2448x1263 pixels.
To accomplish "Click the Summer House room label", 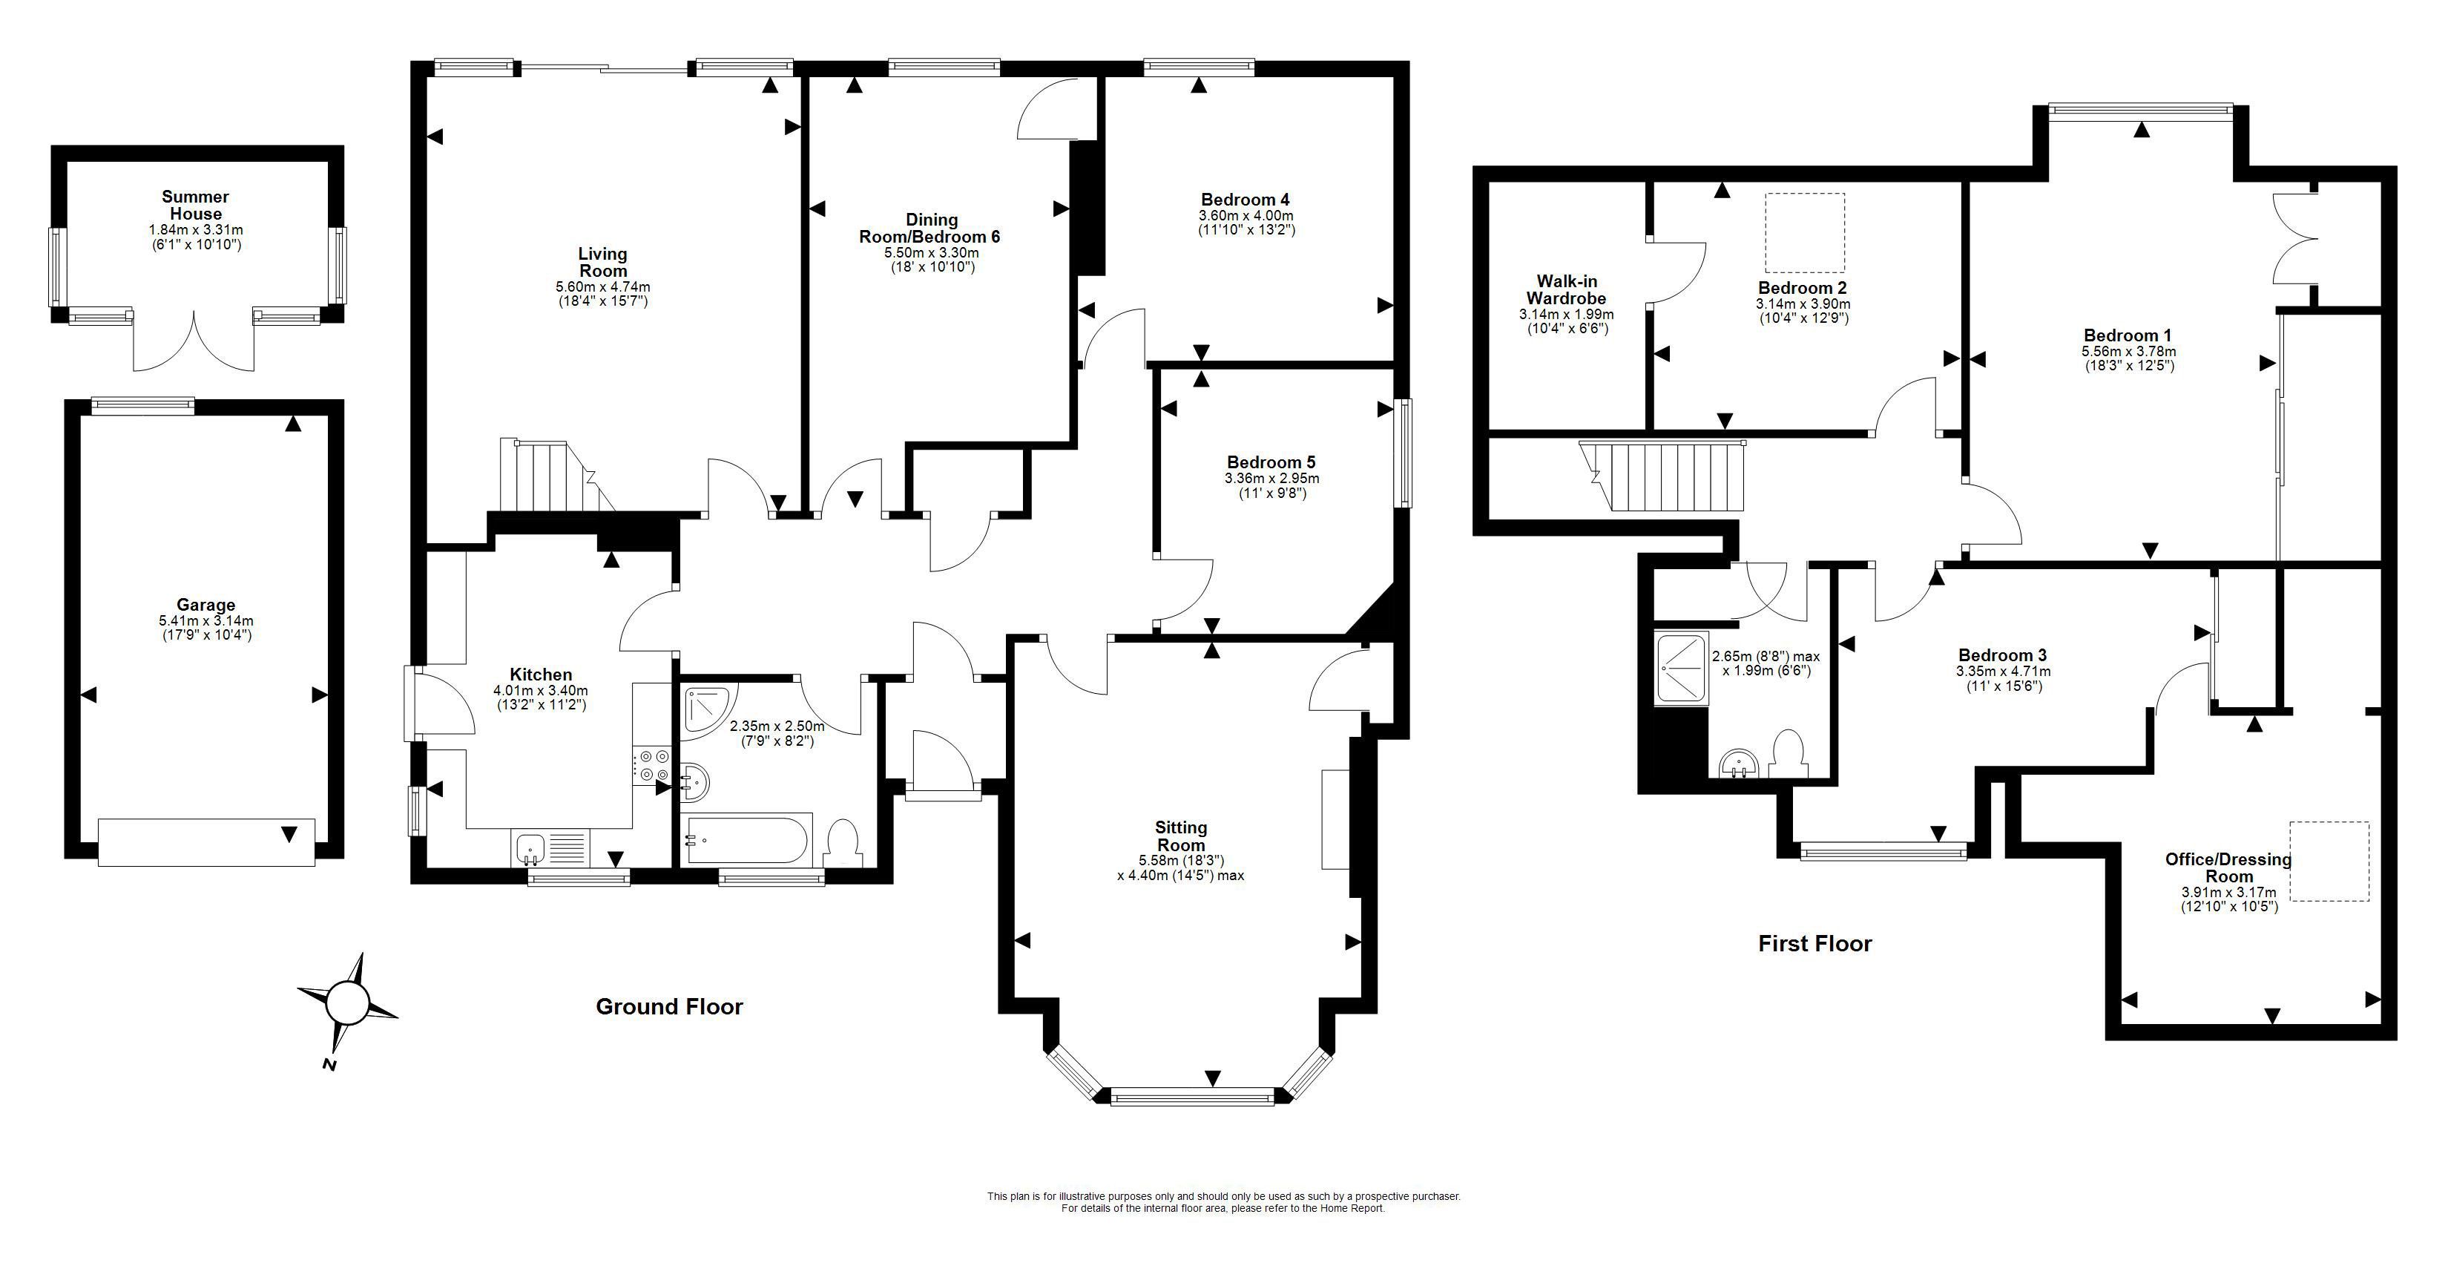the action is [195, 206].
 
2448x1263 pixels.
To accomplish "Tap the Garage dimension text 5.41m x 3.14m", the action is [206, 620].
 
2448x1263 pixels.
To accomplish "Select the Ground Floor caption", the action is [669, 1006].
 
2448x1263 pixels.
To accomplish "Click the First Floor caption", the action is [1814, 944].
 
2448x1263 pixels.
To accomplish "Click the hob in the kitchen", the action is [653, 765].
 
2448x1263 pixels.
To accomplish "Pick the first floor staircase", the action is [1663, 475].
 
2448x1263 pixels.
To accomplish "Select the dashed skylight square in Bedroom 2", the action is [1805, 233].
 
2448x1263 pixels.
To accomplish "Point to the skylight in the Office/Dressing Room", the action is [2329, 861].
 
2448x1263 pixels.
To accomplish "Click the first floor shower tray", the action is [1681, 670].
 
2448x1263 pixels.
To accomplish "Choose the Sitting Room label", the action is [1181, 836].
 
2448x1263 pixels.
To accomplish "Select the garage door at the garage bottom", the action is [206, 842].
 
